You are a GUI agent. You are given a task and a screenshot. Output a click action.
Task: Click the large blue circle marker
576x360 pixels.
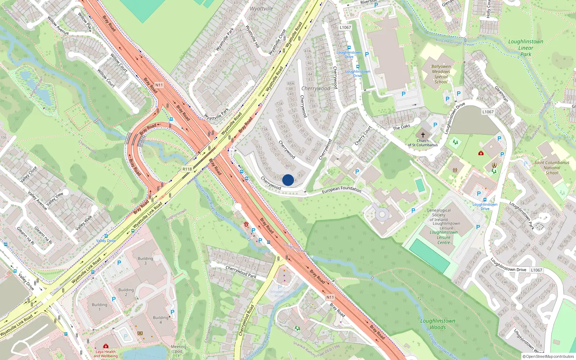pyautogui.click(x=288, y=180)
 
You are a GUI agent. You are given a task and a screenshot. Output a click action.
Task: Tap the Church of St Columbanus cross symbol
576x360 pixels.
pyautogui.click(x=423, y=135)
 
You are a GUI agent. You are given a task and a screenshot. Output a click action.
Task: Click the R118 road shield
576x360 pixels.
pyautogui.click(x=187, y=169)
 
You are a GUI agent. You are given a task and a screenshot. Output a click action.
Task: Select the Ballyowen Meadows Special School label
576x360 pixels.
pyautogui.click(x=441, y=74)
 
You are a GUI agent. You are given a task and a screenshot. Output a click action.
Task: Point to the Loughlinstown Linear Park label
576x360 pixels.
pyautogui.click(x=526, y=48)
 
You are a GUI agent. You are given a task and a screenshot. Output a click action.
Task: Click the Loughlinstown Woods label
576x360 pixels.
pyautogui.click(x=438, y=324)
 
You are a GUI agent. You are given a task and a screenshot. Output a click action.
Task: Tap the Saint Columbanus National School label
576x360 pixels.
pyautogui.click(x=552, y=167)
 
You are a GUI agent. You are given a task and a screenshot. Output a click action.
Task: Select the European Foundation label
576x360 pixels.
pyautogui.click(x=341, y=189)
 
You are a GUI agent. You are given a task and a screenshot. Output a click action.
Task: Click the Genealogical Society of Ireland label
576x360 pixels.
pyautogui.click(x=438, y=215)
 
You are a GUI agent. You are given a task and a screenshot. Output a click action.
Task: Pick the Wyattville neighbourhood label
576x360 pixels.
pyautogui.click(x=261, y=9)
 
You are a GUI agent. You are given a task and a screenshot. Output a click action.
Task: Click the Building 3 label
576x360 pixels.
pyautogui.click(x=145, y=261)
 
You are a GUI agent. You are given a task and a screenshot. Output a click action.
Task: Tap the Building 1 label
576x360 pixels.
pyautogui.click(x=99, y=307)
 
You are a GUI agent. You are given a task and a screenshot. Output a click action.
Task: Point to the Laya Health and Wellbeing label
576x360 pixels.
pyautogui.click(x=105, y=354)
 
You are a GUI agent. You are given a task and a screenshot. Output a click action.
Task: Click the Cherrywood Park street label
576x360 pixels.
pyautogui.click(x=241, y=272)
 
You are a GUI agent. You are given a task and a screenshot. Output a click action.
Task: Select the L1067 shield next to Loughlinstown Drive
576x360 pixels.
pyautogui.click(x=536, y=270)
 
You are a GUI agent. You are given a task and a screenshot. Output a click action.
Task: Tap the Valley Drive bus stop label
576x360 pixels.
pyautogui.click(x=106, y=240)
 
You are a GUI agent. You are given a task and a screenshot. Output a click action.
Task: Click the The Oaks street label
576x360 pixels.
pyautogui.click(x=401, y=127)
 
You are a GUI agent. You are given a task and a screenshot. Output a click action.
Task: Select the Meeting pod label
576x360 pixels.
pyautogui.click(x=179, y=349)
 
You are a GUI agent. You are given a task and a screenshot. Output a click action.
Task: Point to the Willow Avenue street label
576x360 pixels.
pyautogui.click(x=58, y=25)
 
